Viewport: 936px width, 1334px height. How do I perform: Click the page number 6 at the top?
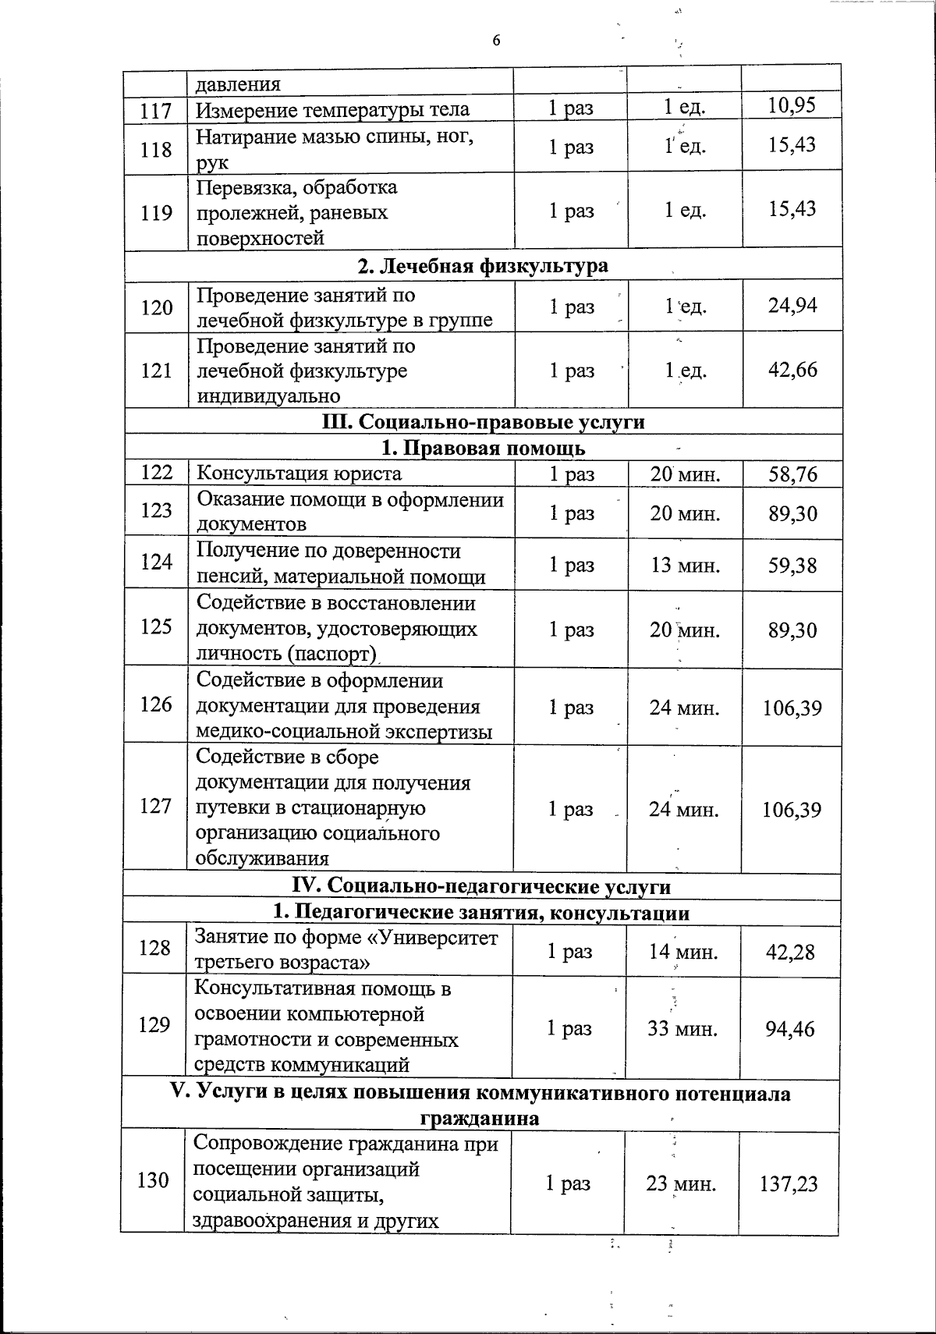(496, 41)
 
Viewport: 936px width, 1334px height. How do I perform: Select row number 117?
(156, 110)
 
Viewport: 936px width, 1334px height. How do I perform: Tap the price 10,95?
(792, 105)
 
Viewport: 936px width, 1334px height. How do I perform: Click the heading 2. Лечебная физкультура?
(483, 266)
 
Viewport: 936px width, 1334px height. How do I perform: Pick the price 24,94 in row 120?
(792, 305)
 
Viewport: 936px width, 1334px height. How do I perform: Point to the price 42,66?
(792, 369)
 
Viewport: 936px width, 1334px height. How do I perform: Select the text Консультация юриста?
(299, 474)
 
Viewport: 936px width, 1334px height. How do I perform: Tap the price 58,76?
(792, 474)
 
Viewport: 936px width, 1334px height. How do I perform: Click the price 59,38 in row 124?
(792, 565)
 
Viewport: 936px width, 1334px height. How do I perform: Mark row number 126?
(156, 704)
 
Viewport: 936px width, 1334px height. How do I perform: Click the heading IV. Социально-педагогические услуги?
(481, 886)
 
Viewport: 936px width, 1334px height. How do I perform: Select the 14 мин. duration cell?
(683, 951)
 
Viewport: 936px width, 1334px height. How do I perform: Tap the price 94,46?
(790, 1028)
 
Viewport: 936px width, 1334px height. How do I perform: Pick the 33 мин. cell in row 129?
(682, 1028)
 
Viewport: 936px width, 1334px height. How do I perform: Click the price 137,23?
(789, 1184)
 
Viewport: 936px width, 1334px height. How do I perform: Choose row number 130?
(153, 1180)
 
